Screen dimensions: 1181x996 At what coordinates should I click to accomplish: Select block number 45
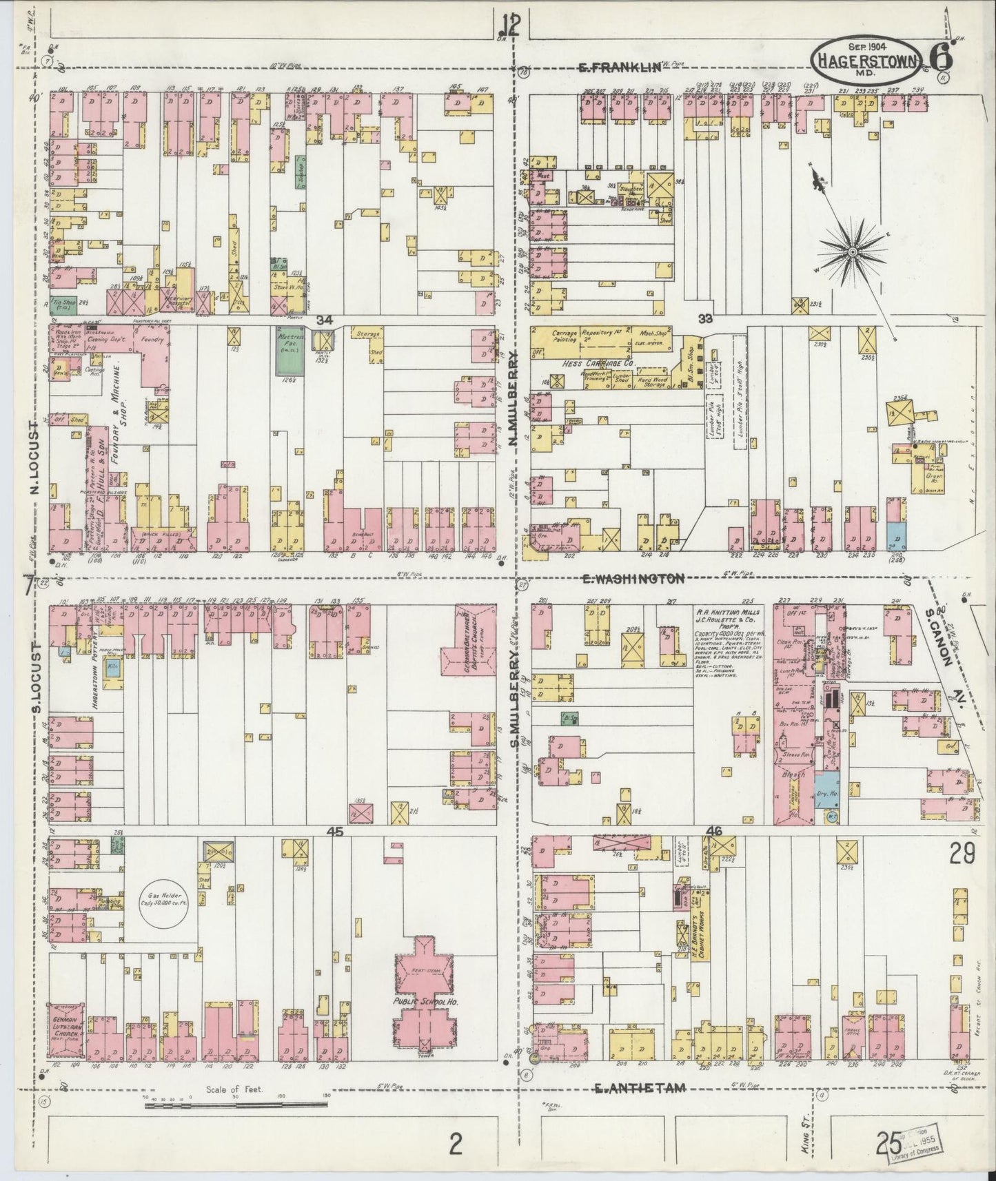pos(336,832)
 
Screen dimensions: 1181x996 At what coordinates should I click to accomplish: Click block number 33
pos(704,319)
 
